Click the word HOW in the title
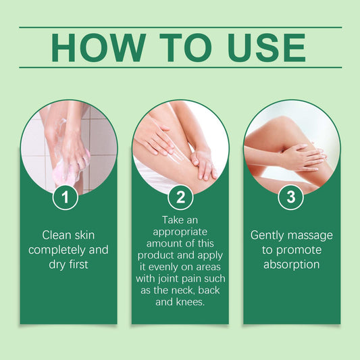point(94,47)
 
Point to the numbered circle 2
point(180,198)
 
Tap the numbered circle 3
point(291,198)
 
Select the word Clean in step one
point(57,235)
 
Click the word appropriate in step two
point(180,232)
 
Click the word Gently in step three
point(269,235)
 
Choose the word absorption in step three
point(291,265)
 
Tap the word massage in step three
point(311,235)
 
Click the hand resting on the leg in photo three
point(301,157)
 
